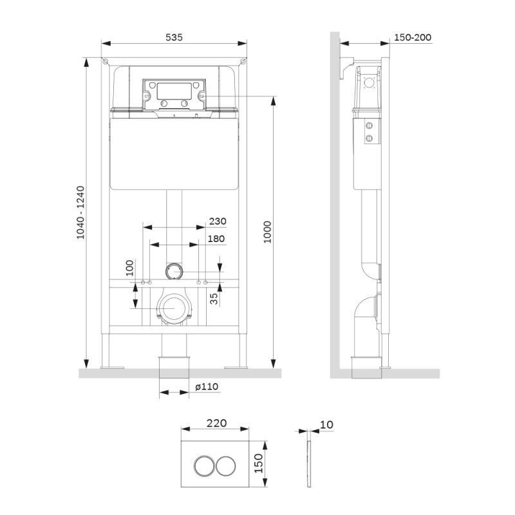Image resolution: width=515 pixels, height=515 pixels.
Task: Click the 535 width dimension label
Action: click(x=174, y=37)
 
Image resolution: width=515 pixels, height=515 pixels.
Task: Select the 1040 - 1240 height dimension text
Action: click(x=80, y=213)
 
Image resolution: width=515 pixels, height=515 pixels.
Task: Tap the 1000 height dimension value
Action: click(x=267, y=232)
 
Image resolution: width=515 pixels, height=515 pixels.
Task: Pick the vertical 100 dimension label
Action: click(x=129, y=268)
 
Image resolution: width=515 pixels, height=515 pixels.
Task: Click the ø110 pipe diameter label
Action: click(x=207, y=386)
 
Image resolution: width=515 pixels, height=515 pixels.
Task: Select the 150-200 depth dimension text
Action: click(x=412, y=37)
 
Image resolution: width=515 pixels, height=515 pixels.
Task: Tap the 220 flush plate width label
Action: click(x=216, y=423)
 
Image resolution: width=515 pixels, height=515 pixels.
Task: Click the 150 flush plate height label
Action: click(x=258, y=462)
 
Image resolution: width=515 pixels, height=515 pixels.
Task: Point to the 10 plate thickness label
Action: click(x=327, y=424)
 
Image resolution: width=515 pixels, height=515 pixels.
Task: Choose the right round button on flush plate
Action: click(x=225, y=465)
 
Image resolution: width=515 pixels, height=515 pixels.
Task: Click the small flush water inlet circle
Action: click(x=174, y=270)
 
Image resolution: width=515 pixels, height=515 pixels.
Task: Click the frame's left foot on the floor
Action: click(x=111, y=366)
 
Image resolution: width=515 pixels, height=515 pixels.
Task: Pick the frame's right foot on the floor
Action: click(x=237, y=366)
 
